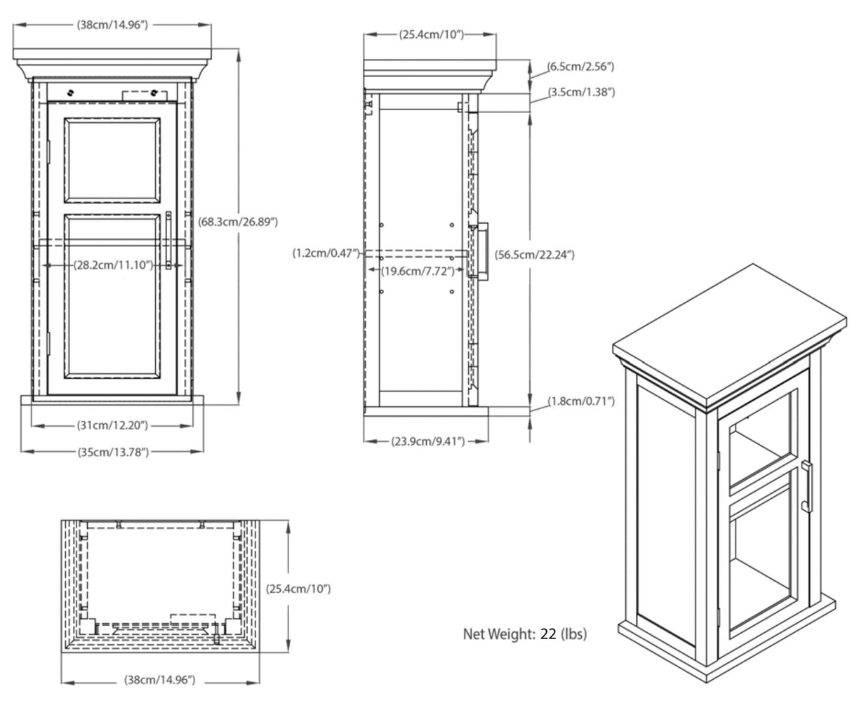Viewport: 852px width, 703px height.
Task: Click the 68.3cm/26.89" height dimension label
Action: (x=239, y=222)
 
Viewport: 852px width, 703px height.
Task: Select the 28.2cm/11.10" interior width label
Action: (x=114, y=265)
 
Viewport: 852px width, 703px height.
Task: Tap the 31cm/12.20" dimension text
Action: (x=112, y=425)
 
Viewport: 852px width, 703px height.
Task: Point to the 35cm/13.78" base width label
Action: (x=113, y=452)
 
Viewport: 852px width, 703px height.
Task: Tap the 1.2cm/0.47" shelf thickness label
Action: (x=326, y=253)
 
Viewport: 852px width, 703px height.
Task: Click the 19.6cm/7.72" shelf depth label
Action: (x=414, y=271)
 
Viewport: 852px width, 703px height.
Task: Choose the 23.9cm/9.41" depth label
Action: (x=425, y=441)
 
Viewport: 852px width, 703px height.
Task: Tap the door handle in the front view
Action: (x=169, y=240)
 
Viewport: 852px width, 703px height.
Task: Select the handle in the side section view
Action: (x=482, y=250)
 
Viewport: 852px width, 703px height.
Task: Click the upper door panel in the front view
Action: (x=112, y=159)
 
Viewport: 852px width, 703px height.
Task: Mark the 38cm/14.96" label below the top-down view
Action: (x=160, y=680)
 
